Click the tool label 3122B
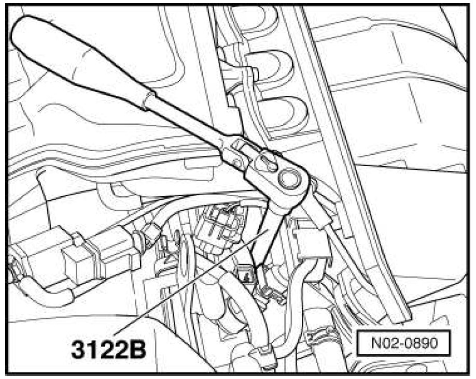click(108, 349)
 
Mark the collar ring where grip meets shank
click(149, 100)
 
